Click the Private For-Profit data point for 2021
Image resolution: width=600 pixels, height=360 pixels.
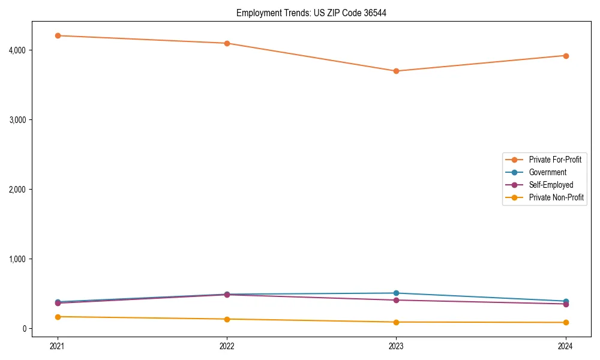[x=58, y=35]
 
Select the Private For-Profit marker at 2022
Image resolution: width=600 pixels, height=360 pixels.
[x=227, y=43]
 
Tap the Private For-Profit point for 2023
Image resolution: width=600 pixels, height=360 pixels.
[x=396, y=71]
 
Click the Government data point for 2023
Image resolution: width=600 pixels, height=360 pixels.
[x=396, y=293]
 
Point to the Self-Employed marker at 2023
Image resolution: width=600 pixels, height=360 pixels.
[x=396, y=300]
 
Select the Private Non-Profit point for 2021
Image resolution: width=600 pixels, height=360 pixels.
[x=58, y=317]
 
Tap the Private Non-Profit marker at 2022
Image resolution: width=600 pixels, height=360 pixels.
[x=227, y=319]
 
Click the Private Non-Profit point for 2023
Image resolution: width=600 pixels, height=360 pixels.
[x=396, y=322]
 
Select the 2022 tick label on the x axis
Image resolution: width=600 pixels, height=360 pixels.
[x=227, y=346]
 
